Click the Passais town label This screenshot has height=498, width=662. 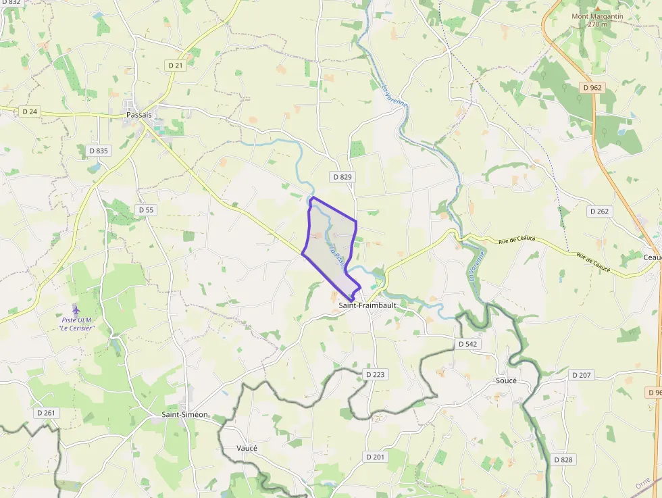pyautogui.click(x=138, y=115)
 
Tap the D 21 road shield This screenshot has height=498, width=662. pyautogui.click(x=176, y=65)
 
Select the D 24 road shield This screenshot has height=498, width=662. pyautogui.click(x=29, y=111)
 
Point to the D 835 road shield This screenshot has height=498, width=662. pyautogui.click(x=99, y=151)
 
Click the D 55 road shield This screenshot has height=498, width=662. pyautogui.click(x=147, y=210)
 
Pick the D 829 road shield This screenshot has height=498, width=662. pyautogui.click(x=342, y=177)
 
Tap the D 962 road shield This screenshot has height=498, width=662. pyautogui.click(x=592, y=88)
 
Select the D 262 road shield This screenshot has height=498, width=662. pyautogui.click(x=599, y=211)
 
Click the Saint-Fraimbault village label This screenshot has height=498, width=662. pyautogui.click(x=367, y=305)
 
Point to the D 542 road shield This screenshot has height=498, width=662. pyautogui.click(x=467, y=344)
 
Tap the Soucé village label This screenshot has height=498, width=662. pyautogui.click(x=506, y=380)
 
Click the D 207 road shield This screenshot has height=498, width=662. pyautogui.click(x=581, y=375)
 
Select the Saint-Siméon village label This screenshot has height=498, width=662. pyautogui.click(x=185, y=414)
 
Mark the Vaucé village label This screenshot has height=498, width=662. pyautogui.click(x=247, y=448)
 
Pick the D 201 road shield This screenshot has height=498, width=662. pyautogui.click(x=375, y=457)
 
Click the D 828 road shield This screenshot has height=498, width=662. pyautogui.click(x=563, y=460)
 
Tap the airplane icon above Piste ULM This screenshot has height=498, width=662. pyautogui.click(x=76, y=310)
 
